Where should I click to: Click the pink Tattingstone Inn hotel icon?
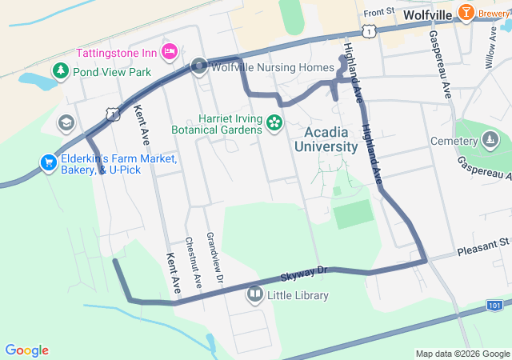point(169,52)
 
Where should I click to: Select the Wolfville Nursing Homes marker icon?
point(199,67)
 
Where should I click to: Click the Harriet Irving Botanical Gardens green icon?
point(274,122)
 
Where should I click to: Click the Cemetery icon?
point(489,142)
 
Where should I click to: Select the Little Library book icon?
point(255,295)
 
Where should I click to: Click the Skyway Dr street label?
point(304,274)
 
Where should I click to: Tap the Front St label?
point(379,13)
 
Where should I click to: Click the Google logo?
point(26,350)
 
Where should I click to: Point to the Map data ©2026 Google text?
point(462,354)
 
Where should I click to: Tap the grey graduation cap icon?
point(66,123)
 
